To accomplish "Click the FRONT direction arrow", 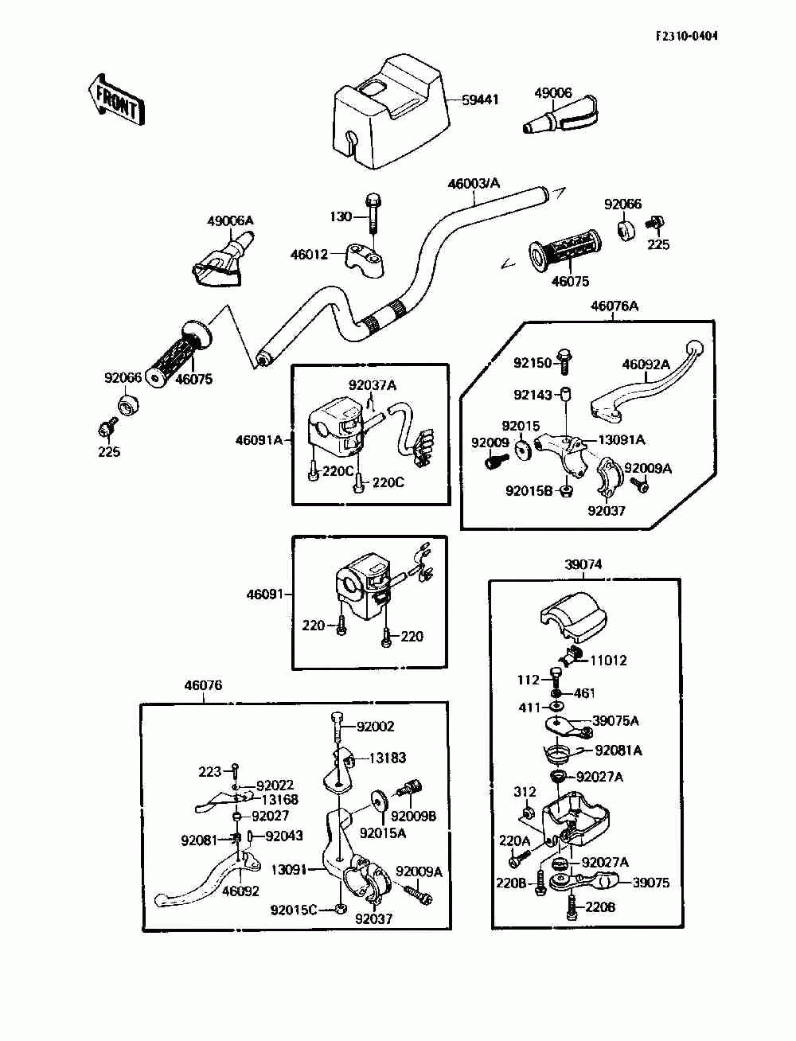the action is [116, 100].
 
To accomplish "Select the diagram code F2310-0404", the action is [686, 36].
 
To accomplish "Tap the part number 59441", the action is [480, 100].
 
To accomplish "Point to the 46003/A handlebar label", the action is [474, 183].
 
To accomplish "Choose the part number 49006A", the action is [230, 220].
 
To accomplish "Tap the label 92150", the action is [533, 363].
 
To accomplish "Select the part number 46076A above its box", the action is [615, 306].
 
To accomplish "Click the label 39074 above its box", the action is [583, 564].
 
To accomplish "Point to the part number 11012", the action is [609, 660].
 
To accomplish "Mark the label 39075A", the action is [615, 721].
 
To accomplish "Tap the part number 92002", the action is [375, 726].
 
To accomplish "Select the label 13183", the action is [387, 758].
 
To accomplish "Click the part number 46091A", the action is [259, 440].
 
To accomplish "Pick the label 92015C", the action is [294, 910].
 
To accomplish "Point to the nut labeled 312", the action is [528, 814].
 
